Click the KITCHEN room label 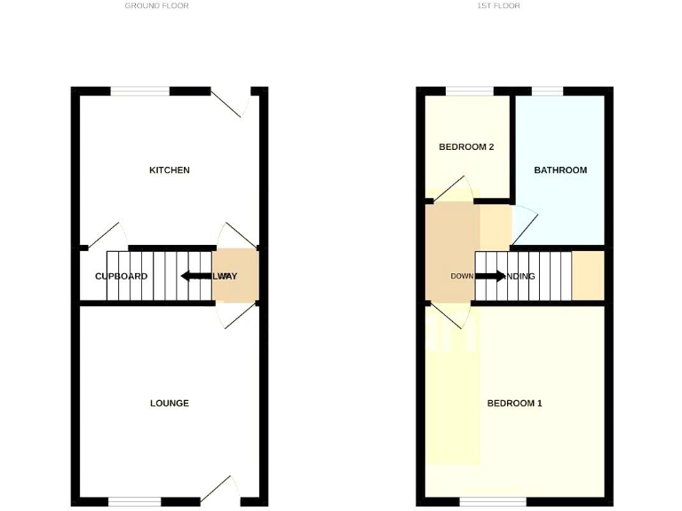click(169, 170)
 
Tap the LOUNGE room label click(169, 404)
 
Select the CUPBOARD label click(122, 277)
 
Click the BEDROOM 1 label click(514, 404)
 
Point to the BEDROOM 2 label click(466, 147)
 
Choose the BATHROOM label click(560, 170)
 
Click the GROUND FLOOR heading click(156, 6)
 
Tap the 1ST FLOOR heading click(499, 6)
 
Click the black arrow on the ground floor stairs click(193, 276)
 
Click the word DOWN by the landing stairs click(462, 277)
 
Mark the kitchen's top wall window click(139, 90)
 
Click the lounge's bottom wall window click(139, 501)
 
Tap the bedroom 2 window click(469, 90)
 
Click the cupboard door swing click(104, 234)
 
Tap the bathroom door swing click(524, 226)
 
